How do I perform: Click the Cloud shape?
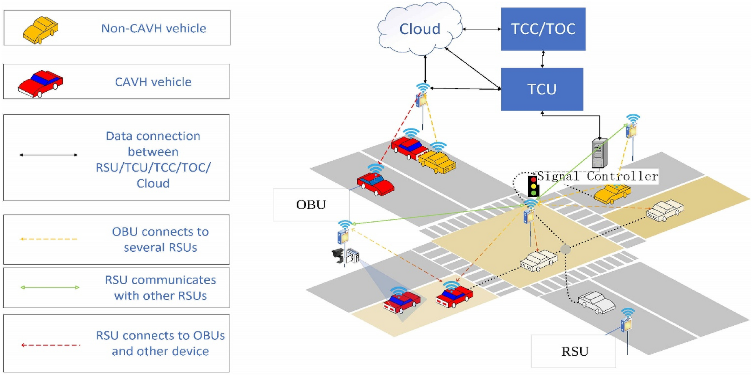coord(420,29)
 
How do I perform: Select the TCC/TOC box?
coord(543,29)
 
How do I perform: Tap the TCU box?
coord(542,89)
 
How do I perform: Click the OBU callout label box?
coord(311,205)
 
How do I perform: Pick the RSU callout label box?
coord(573,351)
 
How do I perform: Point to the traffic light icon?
coord(533,186)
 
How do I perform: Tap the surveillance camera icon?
coord(338,255)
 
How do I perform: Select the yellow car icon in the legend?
coord(40,30)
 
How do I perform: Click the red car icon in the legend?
coord(40,83)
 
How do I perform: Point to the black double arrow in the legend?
coord(48,155)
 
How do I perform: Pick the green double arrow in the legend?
coord(50,287)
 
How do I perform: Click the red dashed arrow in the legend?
coord(51,345)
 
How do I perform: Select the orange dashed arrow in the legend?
coord(49,239)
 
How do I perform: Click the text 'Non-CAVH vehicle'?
coord(153,28)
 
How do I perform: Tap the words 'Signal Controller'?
coord(597,176)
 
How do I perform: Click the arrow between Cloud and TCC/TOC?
coord(482,29)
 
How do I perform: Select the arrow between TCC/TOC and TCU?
coord(542,59)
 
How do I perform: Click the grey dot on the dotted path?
coord(565,249)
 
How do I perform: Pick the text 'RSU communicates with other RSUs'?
coord(160,288)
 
